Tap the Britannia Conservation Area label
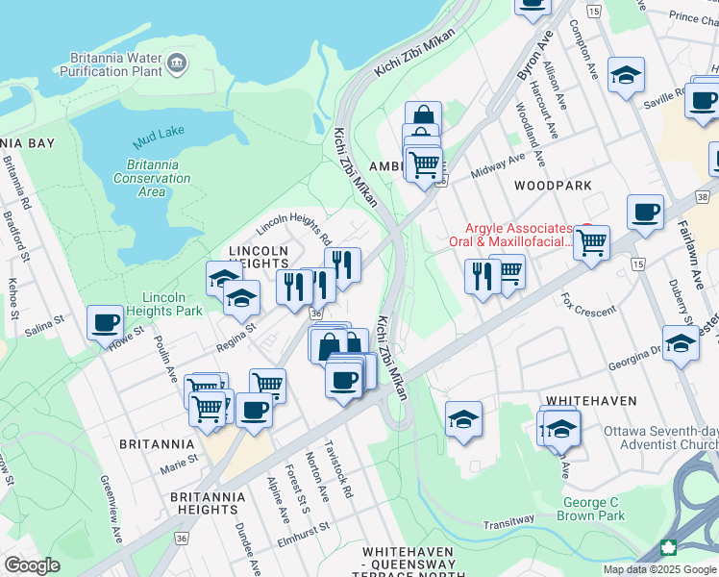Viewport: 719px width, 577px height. tap(152, 178)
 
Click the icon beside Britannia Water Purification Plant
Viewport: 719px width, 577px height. tap(176, 64)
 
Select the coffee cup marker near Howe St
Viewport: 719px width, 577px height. tap(105, 323)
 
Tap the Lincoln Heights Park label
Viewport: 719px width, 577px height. tap(173, 304)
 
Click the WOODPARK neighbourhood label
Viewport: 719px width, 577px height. tap(547, 184)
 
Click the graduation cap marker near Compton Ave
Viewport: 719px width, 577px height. tap(627, 76)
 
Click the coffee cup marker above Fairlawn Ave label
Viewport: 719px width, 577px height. tap(645, 213)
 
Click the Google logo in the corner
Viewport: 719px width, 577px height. tap(32, 565)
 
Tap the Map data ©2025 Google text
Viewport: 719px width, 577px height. tap(658, 569)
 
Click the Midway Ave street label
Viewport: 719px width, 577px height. tap(498, 165)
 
